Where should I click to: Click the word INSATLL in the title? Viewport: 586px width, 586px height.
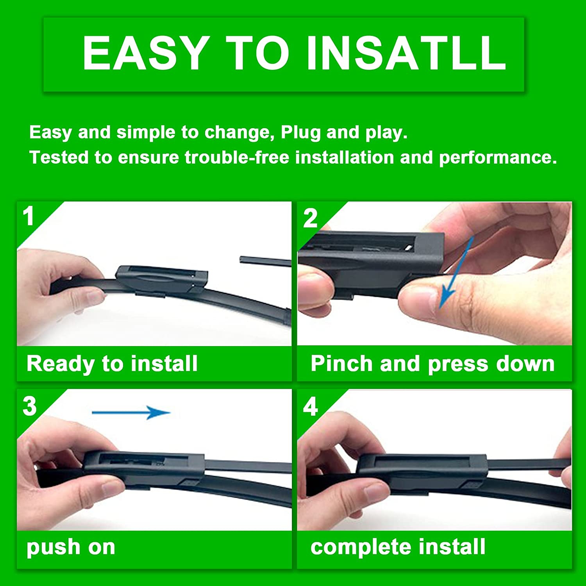tap(406, 53)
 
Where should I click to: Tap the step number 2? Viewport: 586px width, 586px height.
tap(310, 218)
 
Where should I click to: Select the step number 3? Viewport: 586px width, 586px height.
tap(30, 406)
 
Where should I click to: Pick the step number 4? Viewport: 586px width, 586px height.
tap(311, 407)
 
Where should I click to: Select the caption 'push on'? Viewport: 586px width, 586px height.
tap(71, 547)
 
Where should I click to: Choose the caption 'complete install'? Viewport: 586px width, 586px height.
tap(398, 547)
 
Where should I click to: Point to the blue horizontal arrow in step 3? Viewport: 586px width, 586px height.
tap(131, 412)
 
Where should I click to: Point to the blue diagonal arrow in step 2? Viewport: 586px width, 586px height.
tap(456, 272)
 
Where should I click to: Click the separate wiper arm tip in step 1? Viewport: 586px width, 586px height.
tap(265, 261)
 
